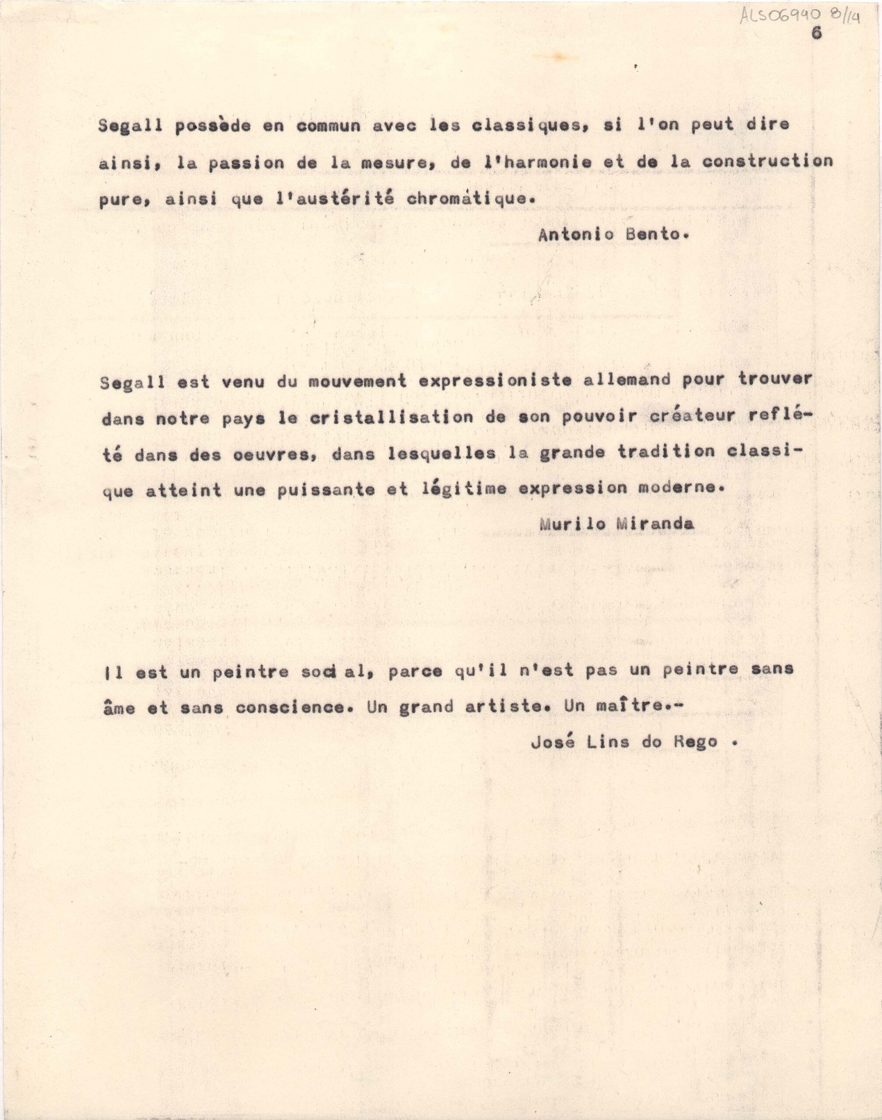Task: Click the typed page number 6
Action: click(816, 34)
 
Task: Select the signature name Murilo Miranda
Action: click(616, 524)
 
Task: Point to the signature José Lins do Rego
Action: click(624, 742)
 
